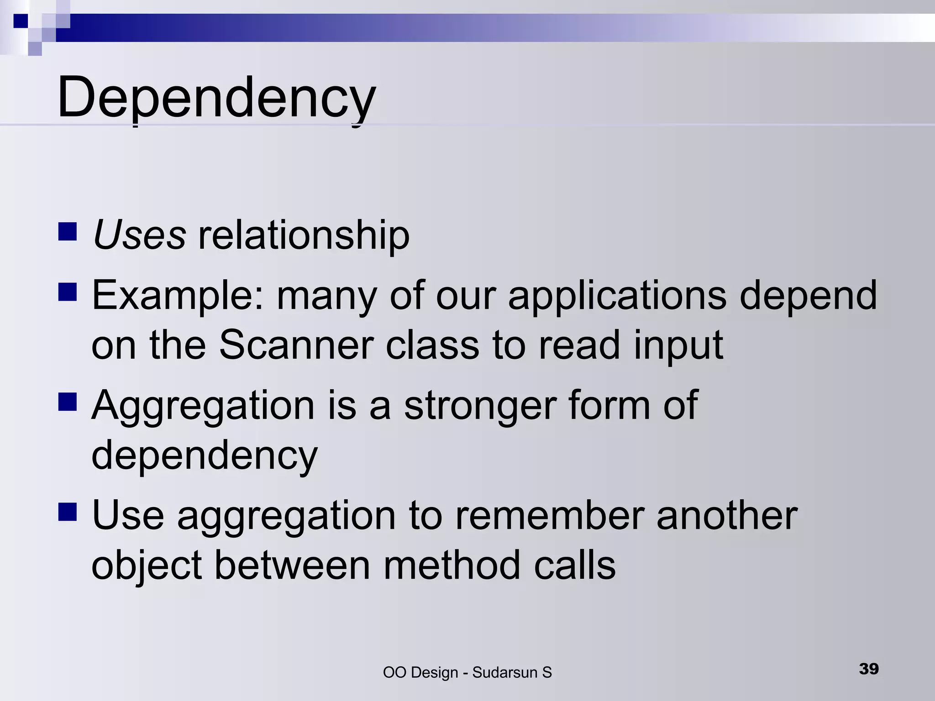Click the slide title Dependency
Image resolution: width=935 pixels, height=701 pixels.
(216, 97)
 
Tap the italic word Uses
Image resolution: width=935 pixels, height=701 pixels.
(139, 235)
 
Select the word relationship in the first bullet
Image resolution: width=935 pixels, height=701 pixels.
(304, 236)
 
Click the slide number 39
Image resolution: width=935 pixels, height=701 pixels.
(869, 669)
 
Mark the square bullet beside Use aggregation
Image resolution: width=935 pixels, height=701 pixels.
(68, 512)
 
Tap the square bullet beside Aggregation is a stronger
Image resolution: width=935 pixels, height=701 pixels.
(68, 402)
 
